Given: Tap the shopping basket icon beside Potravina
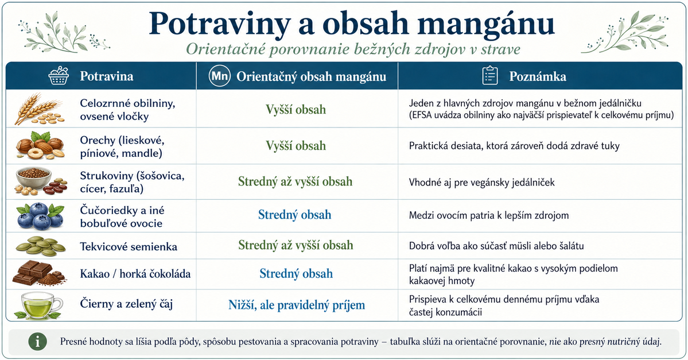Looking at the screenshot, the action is click(x=59, y=76).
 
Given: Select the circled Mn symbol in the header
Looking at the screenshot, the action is click(x=219, y=76).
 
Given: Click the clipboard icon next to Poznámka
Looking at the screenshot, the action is click(x=489, y=76).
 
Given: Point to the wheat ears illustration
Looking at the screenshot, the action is click(x=38, y=109).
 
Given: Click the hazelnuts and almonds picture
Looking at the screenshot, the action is click(x=40, y=145).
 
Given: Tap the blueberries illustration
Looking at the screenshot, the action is click(x=40, y=215).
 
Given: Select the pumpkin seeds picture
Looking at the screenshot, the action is click(x=40, y=246).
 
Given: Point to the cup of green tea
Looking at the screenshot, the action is click(x=38, y=305).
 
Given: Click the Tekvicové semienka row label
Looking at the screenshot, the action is click(x=129, y=247).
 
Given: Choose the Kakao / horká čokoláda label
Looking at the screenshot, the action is click(x=135, y=274).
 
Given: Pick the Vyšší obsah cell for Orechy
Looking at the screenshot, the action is click(x=296, y=146).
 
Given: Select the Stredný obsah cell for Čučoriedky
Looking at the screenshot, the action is click(x=294, y=215).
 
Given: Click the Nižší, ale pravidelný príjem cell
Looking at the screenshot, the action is click(x=297, y=305).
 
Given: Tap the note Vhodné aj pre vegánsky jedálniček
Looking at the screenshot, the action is click(x=482, y=182).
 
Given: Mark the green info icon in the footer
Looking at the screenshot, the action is click(x=38, y=341).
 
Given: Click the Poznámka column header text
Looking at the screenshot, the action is click(x=538, y=76).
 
